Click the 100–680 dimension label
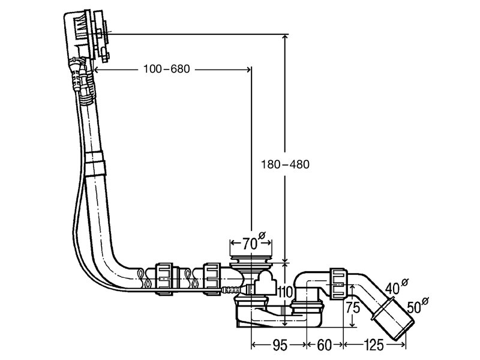(167, 69)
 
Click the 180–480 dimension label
(285, 164)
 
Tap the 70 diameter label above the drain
(254, 242)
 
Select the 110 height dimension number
(286, 292)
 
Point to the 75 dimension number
(353, 307)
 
